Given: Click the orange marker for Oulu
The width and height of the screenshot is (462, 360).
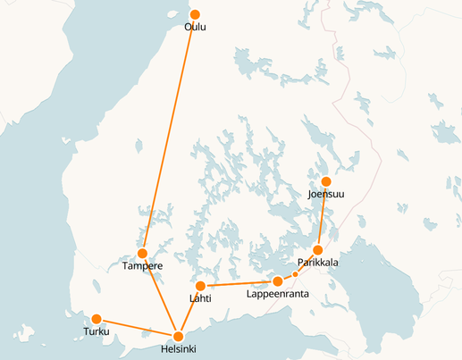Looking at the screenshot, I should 195,14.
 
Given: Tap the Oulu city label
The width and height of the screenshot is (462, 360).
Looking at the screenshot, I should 195,28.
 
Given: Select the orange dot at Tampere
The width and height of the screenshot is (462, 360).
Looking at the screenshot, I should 142,254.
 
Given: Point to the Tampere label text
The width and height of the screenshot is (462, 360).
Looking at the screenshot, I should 141,266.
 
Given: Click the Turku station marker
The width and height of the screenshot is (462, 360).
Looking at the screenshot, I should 97,319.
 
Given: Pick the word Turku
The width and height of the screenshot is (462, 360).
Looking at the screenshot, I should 96,332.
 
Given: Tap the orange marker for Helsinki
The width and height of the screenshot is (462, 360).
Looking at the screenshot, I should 180,335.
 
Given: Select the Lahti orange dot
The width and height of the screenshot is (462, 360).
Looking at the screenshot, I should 201,286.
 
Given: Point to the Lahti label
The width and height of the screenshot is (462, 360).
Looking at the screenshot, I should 200,298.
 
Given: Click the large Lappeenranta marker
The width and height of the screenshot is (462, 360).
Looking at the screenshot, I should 278,281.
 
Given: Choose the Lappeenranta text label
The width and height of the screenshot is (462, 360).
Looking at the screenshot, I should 277,294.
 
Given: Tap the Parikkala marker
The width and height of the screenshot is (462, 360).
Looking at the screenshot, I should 318,250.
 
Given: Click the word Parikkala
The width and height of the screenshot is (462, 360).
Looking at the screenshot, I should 317,264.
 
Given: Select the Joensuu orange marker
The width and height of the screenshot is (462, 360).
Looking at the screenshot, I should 326,181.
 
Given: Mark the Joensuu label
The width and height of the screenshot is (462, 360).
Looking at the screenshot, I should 325,194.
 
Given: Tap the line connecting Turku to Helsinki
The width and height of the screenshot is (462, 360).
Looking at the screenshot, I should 139,327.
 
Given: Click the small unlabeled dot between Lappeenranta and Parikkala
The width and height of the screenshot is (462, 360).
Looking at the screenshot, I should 295,274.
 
